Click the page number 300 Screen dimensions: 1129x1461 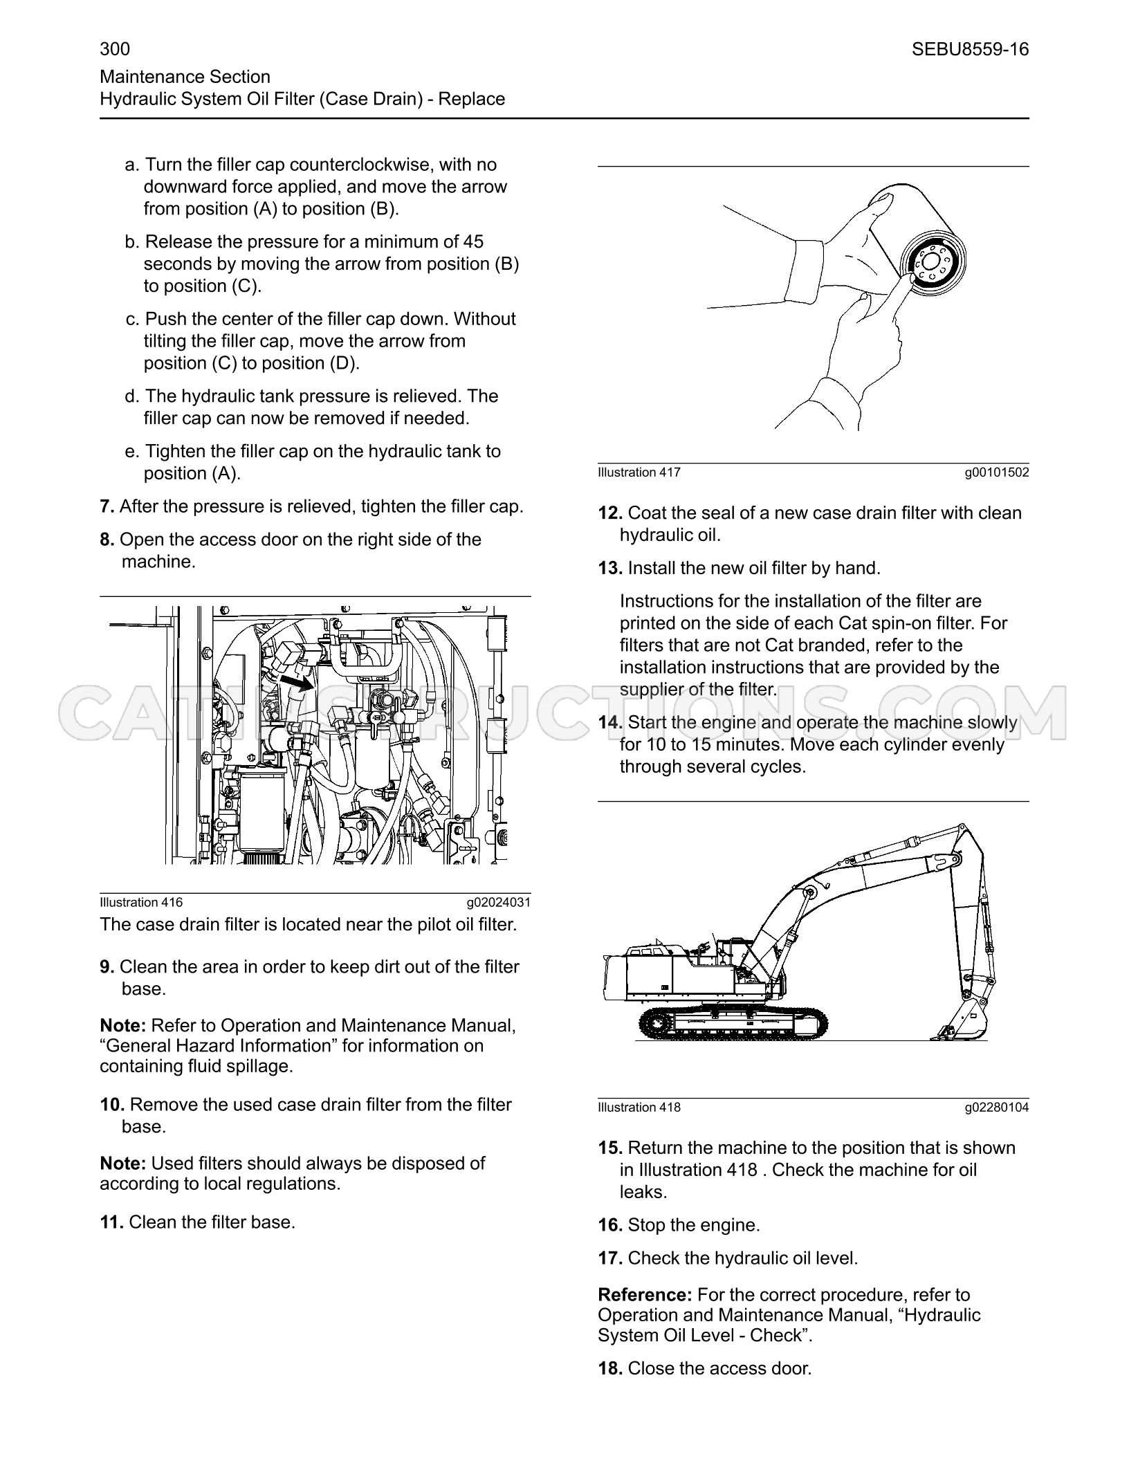pyautogui.click(x=115, y=49)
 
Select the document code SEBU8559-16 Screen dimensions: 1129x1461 pyautogui.click(x=970, y=49)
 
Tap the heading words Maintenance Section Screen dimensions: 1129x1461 pyautogui.click(x=185, y=77)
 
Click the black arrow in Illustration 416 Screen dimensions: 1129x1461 pyautogui.click(x=296, y=683)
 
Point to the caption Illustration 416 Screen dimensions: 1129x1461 pyautogui.click(x=141, y=902)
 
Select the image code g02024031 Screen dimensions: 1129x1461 pyautogui.click(x=498, y=902)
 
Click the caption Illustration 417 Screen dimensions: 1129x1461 pyautogui.click(x=639, y=472)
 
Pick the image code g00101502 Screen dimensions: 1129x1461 pyautogui.click(x=997, y=472)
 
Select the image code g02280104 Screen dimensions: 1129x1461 pyautogui.click(x=997, y=1108)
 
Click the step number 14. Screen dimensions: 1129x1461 pyautogui.click(x=611, y=723)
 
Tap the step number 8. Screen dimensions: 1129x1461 pyautogui.click(x=107, y=540)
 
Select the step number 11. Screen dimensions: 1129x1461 pyautogui.click(x=112, y=1222)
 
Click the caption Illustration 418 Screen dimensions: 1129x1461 pyautogui.click(x=639, y=1108)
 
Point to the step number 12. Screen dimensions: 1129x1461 pyautogui.click(x=611, y=513)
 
